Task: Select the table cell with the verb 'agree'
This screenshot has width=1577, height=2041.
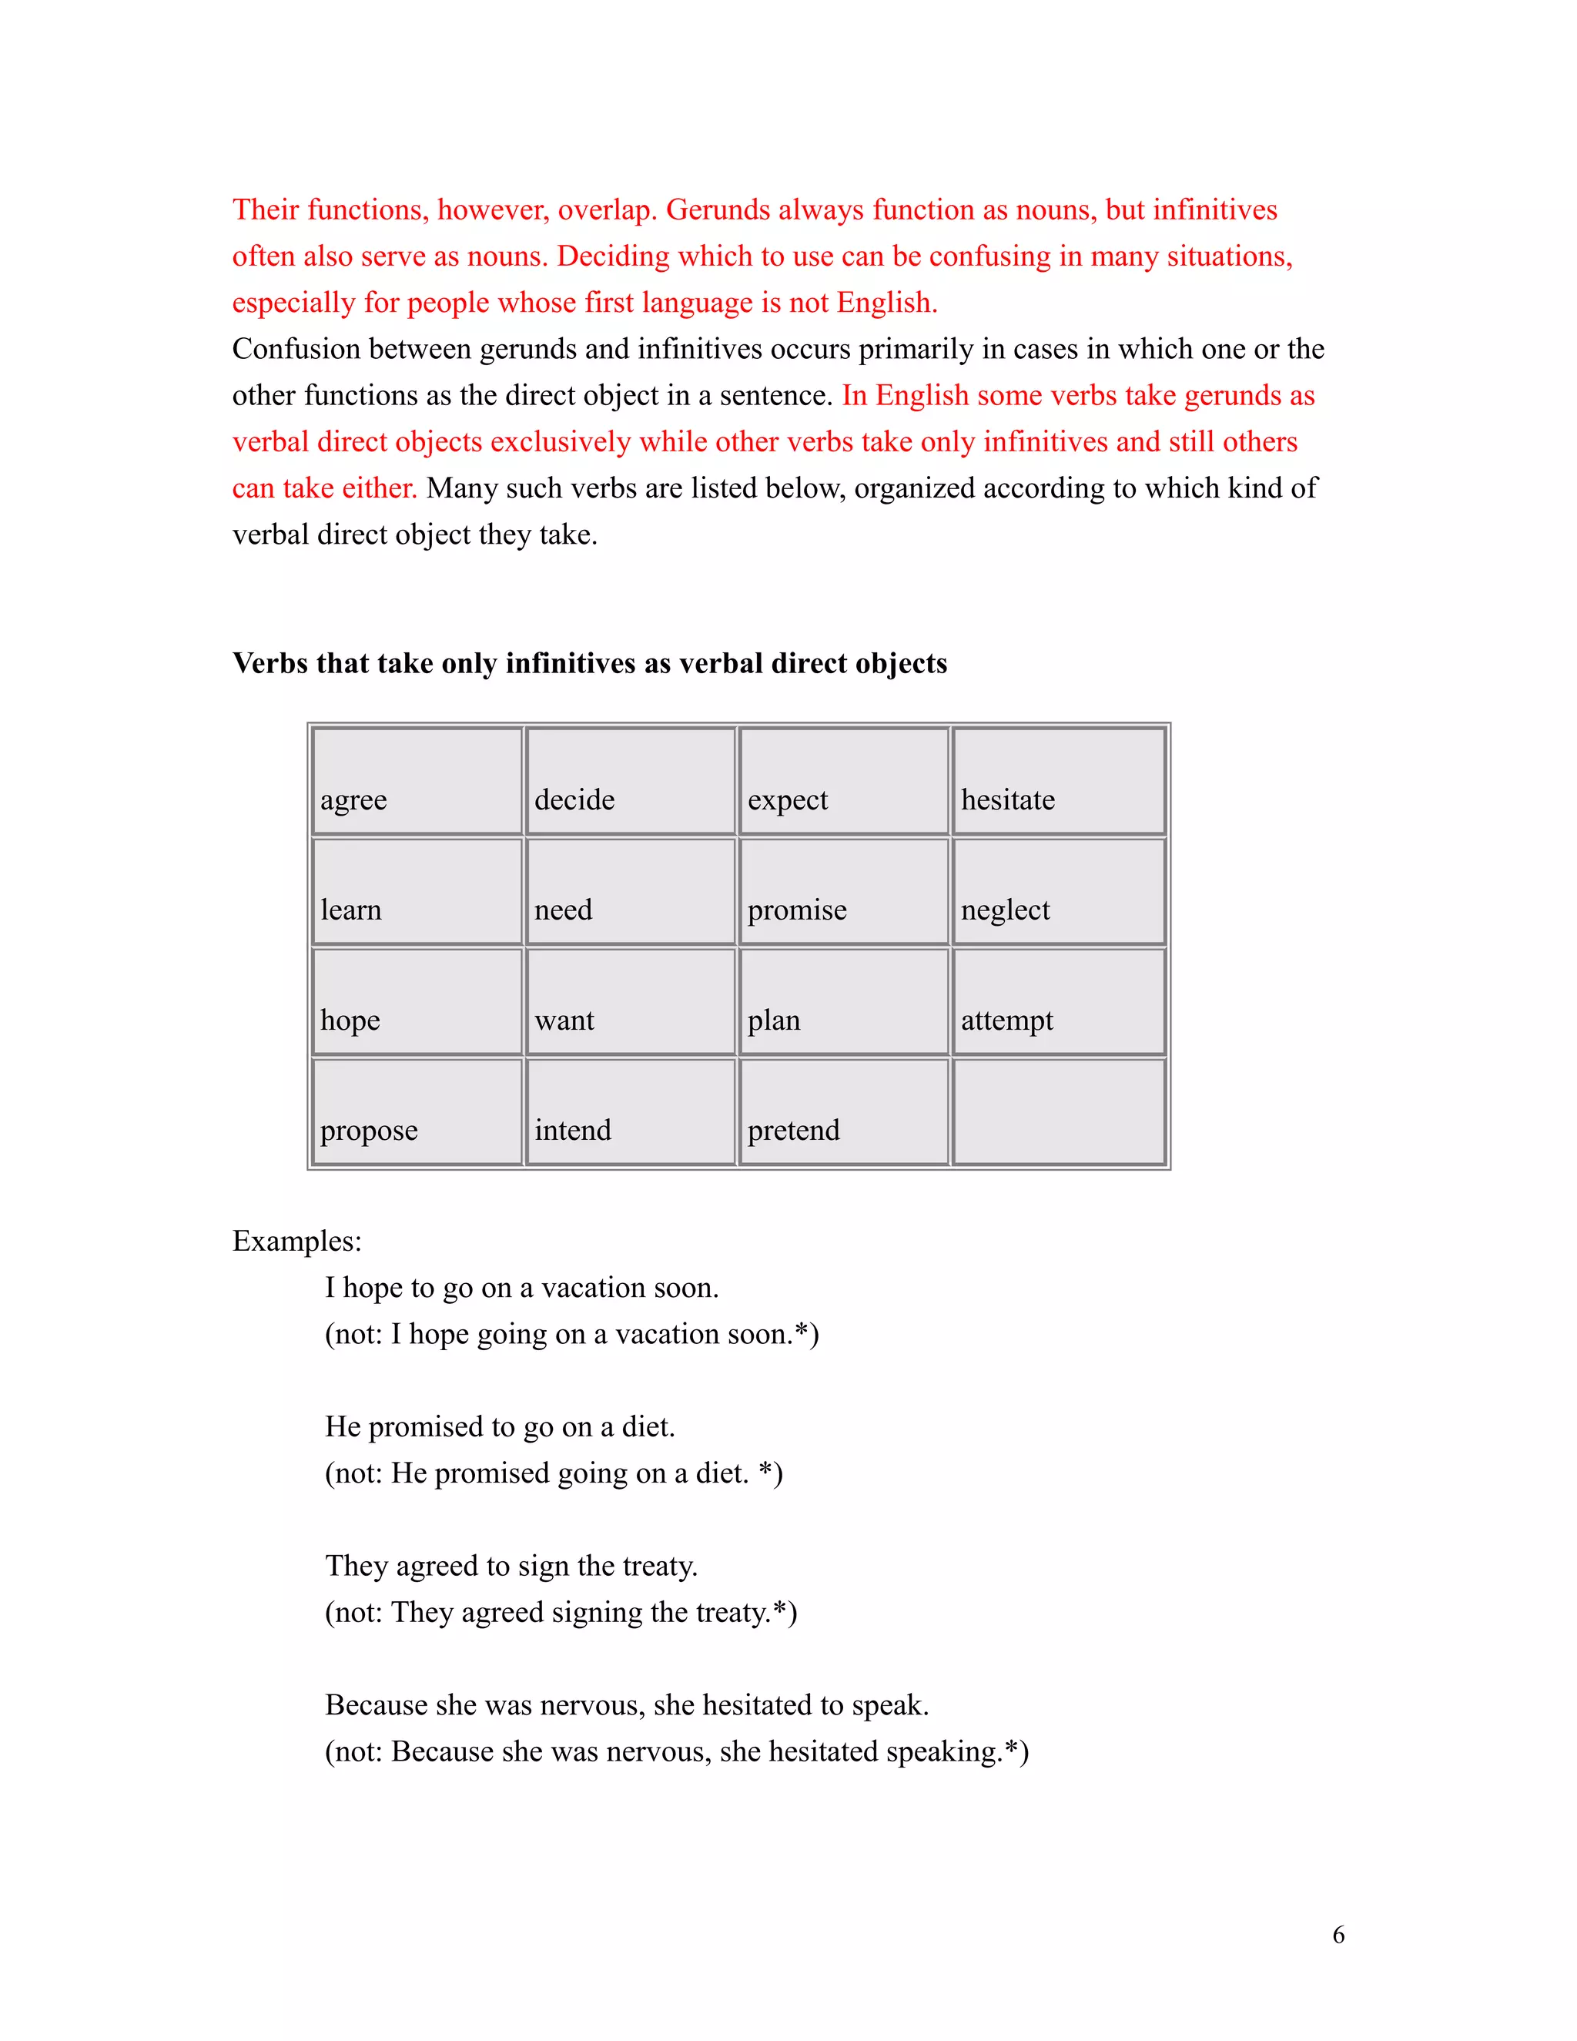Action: tap(417, 781)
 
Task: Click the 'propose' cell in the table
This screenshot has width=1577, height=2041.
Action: tap(417, 1112)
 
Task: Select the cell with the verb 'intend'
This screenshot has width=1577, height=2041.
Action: tap(631, 1112)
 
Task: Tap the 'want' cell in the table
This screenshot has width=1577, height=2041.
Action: tap(631, 1002)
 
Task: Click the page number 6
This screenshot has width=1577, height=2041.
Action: tap(1338, 1935)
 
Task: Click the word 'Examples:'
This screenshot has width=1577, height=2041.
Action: tap(296, 1241)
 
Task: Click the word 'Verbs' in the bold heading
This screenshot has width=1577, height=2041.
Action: tap(269, 663)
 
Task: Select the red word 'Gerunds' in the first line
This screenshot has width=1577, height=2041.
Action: tap(718, 210)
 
